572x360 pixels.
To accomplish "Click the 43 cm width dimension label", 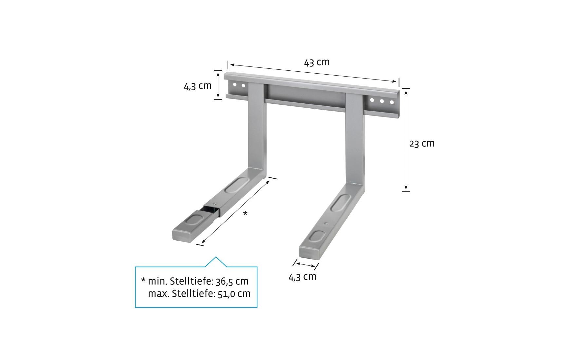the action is [317, 62].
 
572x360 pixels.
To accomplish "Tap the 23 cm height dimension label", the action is [422, 143].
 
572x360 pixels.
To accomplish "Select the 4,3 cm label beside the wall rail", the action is [197, 86].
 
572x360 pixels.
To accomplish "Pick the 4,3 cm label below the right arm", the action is [302, 277].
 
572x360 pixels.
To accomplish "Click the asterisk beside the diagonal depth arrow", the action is [245, 213].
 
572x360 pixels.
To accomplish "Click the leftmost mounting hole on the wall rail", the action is [234, 85].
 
